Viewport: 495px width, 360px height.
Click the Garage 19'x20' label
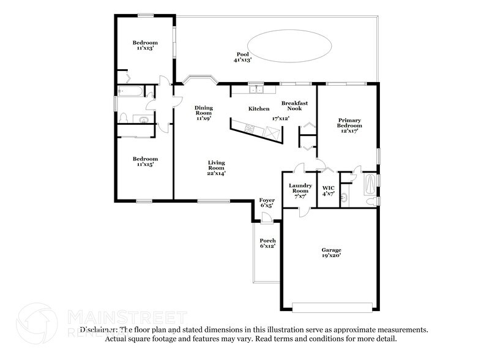pyautogui.click(x=332, y=253)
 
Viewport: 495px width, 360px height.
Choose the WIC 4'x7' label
pyautogui.click(x=328, y=190)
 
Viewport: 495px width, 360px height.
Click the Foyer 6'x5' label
pyautogui.click(x=267, y=203)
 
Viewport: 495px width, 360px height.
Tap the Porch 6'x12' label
pyautogui.click(x=267, y=244)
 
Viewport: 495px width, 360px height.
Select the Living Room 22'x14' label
pyautogui.click(x=217, y=168)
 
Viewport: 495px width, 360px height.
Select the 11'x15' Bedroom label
pyautogui.click(x=145, y=161)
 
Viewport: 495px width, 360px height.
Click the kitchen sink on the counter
pyautogui.click(x=256, y=89)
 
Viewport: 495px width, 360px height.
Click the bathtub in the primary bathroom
pyautogui.click(x=370, y=183)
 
